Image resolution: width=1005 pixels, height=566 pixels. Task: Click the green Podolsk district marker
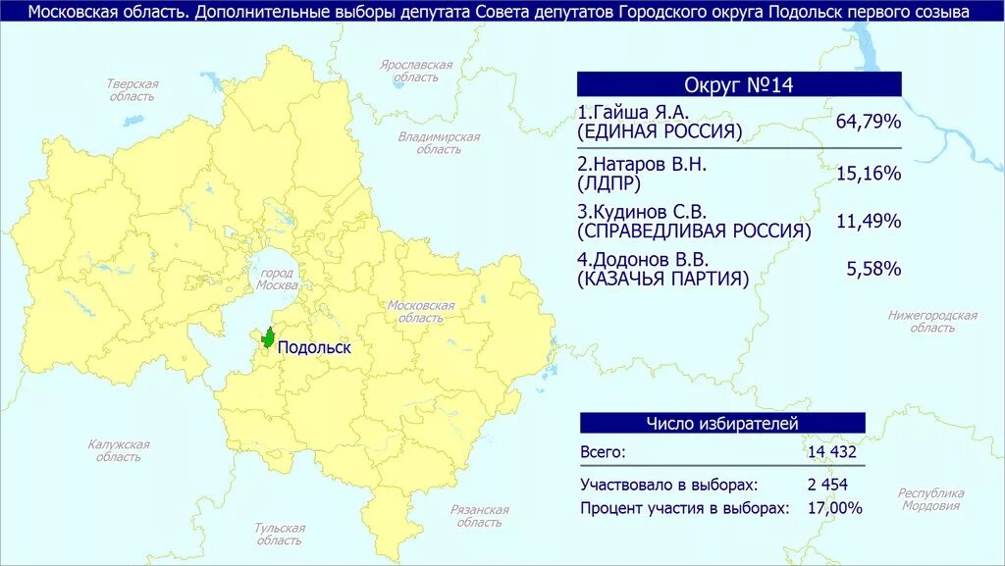[x=267, y=337]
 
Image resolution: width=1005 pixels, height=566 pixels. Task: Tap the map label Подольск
[x=313, y=347]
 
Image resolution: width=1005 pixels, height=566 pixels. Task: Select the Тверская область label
[x=132, y=90]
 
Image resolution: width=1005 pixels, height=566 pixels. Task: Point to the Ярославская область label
[x=417, y=71]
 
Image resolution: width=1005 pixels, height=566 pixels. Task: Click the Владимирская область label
[x=439, y=143]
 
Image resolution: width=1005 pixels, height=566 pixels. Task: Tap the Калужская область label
[x=119, y=450]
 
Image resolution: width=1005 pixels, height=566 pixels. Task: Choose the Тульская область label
[x=280, y=534]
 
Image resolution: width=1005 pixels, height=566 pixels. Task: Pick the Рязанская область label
[x=480, y=516]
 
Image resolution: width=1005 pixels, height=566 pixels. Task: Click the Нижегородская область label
[x=932, y=322]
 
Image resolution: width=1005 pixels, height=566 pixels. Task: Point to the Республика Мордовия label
[x=931, y=499]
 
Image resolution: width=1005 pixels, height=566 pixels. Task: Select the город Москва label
[x=277, y=279]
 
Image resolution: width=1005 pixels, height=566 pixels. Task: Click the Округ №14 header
[x=738, y=85]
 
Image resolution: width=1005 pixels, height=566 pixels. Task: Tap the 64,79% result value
[x=869, y=122]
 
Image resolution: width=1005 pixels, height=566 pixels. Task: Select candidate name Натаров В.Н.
[x=642, y=164]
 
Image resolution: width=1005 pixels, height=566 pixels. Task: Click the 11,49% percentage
[x=869, y=221]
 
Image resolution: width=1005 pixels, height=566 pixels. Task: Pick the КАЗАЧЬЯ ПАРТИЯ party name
[x=663, y=279]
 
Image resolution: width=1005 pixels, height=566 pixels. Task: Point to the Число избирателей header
[x=721, y=423]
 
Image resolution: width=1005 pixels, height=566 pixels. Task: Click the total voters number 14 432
[x=832, y=452]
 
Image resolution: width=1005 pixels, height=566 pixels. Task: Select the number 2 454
[x=827, y=485]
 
